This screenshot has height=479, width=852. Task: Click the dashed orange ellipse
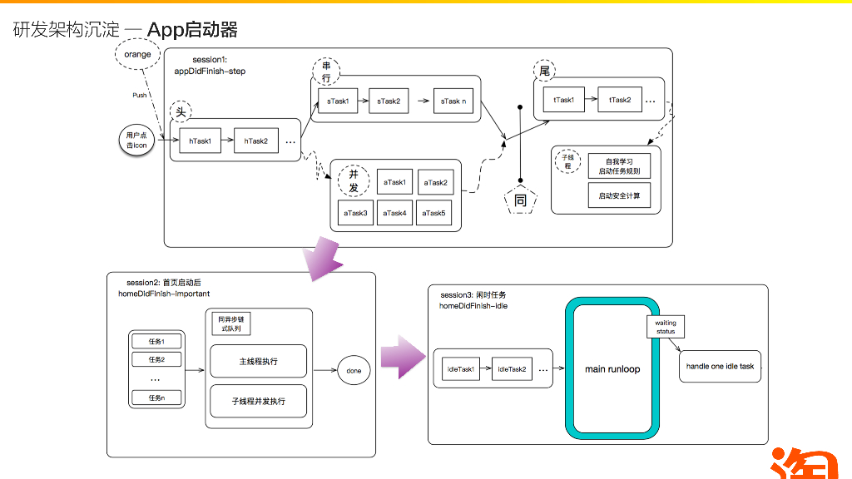pyautogui.click(x=138, y=55)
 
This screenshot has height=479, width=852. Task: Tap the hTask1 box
pyautogui.click(x=200, y=141)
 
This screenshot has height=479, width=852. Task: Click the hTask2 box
pyautogui.click(x=255, y=141)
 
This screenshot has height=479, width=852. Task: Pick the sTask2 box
pyautogui.click(x=389, y=101)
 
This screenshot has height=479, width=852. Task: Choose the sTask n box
pyautogui.click(x=453, y=101)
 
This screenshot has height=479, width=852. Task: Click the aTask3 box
pyautogui.click(x=355, y=213)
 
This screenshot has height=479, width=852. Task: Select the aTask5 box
pyautogui.click(x=433, y=213)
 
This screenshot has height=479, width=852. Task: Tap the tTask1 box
pyautogui.click(x=563, y=100)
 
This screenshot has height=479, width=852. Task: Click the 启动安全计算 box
pyautogui.click(x=619, y=196)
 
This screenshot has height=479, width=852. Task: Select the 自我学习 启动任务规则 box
pyautogui.click(x=619, y=165)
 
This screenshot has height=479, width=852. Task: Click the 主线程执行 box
pyautogui.click(x=258, y=362)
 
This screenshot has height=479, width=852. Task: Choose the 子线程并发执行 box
pyautogui.click(x=258, y=401)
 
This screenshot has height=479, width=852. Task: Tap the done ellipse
pyautogui.click(x=354, y=371)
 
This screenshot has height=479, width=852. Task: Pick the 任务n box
pyautogui.click(x=156, y=398)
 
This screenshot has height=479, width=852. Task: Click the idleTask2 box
pyautogui.click(x=511, y=369)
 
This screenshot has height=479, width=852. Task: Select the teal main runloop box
pyautogui.click(x=612, y=368)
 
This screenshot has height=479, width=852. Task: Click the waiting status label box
pyautogui.click(x=666, y=326)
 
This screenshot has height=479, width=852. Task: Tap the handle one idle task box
pyautogui.click(x=720, y=367)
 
